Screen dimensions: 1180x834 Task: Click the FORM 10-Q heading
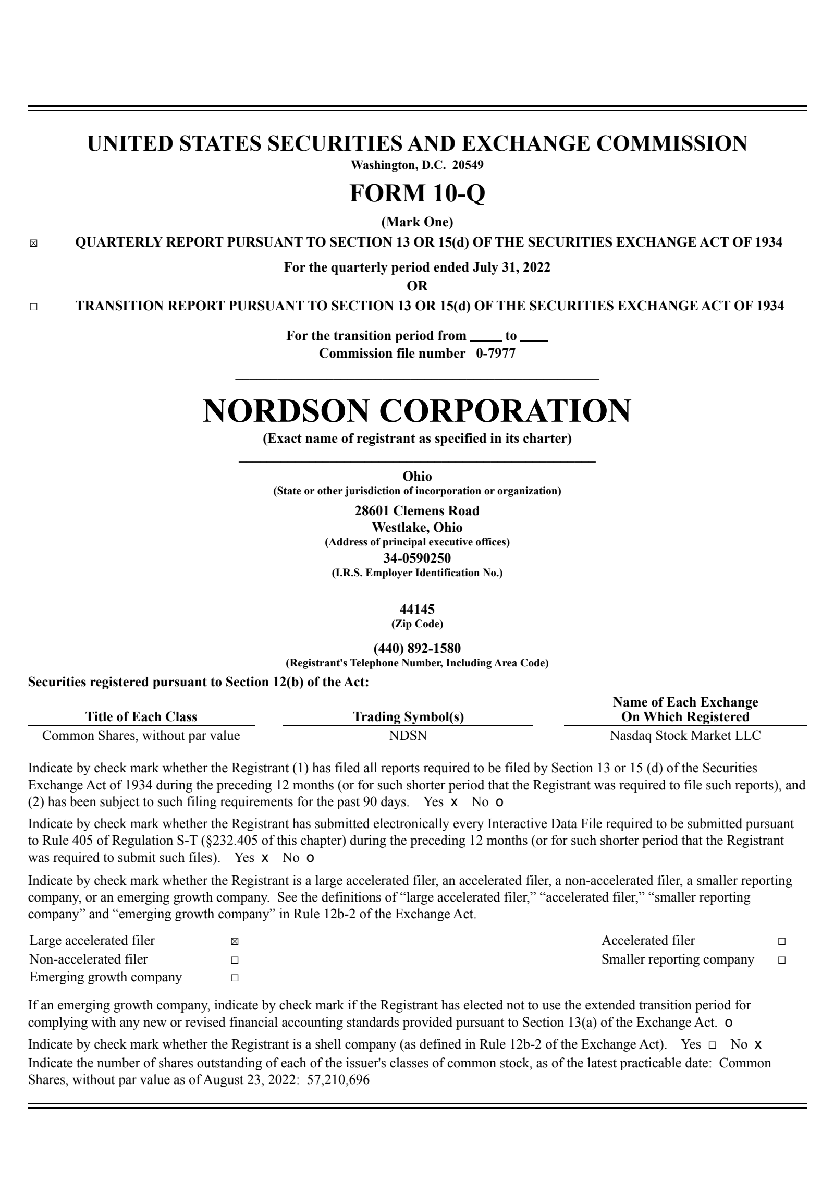pos(417,193)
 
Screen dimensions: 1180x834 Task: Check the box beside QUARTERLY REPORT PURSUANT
pos(33,244)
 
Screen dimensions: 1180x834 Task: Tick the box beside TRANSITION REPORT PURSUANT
pos(33,307)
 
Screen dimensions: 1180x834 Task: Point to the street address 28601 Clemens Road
pos(417,510)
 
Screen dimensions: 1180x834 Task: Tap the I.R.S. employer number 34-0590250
pos(417,558)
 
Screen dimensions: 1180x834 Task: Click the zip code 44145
pos(417,609)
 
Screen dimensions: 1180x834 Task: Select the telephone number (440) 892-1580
pos(417,649)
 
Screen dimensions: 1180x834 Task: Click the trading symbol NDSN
pos(408,736)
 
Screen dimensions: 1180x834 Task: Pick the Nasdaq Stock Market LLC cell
pos(685,736)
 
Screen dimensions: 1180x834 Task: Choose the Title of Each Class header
pos(141,717)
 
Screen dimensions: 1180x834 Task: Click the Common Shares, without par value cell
pos(141,736)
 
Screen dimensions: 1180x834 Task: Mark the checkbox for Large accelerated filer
pos(235,942)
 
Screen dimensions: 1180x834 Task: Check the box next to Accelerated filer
pos(781,942)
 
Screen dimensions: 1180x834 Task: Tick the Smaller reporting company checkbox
pos(781,960)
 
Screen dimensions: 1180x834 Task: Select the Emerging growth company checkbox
pos(235,978)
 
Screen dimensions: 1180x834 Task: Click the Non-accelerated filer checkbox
pos(235,960)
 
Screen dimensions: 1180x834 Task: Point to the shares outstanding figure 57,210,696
pos(338,1080)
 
